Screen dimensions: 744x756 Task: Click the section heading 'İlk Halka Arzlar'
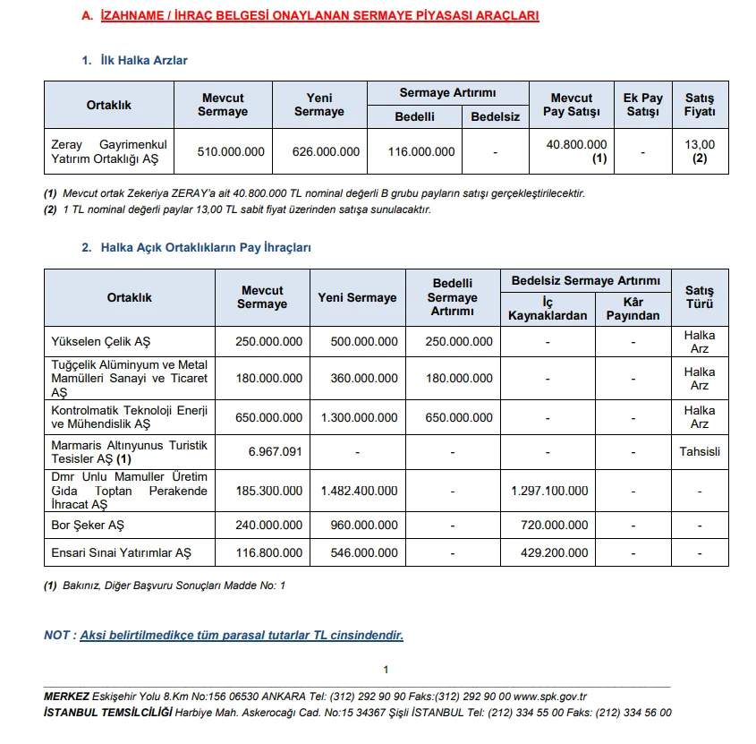[x=144, y=60]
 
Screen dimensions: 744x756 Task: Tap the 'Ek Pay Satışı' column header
[x=642, y=105]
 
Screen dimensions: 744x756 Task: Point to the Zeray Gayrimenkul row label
[x=109, y=151]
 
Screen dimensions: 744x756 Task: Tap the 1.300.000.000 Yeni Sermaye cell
[x=357, y=417]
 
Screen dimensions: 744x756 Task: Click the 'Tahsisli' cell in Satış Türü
[x=700, y=452]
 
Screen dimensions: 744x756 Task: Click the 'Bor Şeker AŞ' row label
[x=88, y=526]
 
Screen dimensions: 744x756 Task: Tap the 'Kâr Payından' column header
[x=633, y=309]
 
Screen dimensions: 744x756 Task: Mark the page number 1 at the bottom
[x=386, y=670]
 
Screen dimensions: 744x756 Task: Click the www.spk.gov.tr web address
[x=550, y=697]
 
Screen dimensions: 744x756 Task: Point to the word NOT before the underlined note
[x=57, y=635]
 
